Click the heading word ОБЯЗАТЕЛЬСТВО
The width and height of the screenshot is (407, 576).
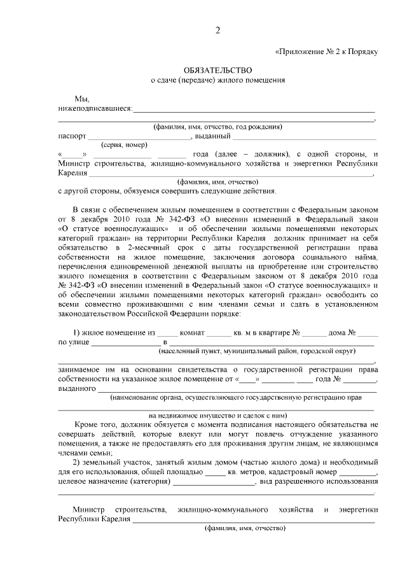217,69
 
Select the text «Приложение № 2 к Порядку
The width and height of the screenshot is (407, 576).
326,52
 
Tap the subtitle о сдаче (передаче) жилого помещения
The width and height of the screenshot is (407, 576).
217,80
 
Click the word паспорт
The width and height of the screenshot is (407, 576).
72,136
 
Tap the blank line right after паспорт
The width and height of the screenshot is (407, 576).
139,137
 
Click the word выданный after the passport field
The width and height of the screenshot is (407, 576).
212,136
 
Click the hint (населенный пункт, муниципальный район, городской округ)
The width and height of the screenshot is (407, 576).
257,351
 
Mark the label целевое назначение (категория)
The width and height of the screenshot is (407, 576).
114,482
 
